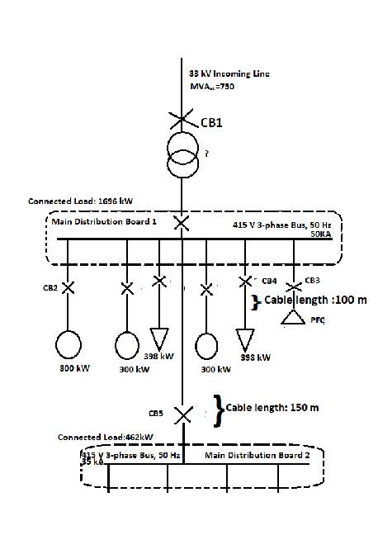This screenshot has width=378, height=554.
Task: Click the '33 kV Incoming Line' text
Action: (x=229, y=74)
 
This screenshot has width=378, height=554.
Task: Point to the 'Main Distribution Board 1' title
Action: (x=104, y=221)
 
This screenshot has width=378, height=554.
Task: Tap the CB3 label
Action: (x=312, y=280)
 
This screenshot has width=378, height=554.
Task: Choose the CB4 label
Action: (x=269, y=281)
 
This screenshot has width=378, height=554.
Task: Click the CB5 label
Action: (x=156, y=413)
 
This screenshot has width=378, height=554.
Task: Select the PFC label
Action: (x=317, y=320)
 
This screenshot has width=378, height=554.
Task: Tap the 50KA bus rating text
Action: (x=320, y=234)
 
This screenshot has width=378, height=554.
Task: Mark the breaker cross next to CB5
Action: (x=182, y=413)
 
